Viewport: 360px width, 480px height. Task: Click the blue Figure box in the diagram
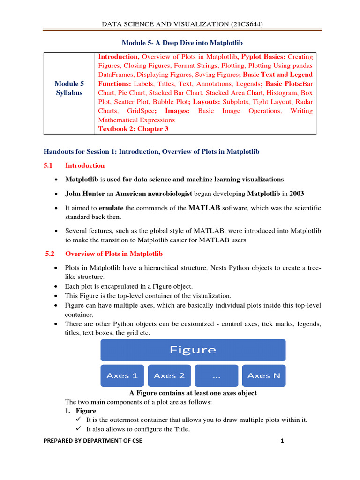(x=193, y=350)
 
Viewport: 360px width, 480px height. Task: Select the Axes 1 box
(x=122, y=375)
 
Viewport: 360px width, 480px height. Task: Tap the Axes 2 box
(x=169, y=375)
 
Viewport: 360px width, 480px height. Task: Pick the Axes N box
(x=263, y=375)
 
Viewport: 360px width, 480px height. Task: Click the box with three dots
(x=217, y=375)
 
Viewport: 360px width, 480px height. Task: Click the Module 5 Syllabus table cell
(x=69, y=88)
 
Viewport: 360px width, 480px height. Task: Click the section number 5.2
(x=50, y=254)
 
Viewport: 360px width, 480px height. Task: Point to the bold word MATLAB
(x=204, y=208)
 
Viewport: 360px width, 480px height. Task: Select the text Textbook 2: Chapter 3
(x=133, y=129)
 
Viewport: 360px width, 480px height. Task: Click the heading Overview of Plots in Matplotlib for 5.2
(x=114, y=254)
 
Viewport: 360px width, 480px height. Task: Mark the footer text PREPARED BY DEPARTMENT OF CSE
(x=93, y=441)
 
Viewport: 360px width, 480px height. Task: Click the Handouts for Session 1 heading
(x=151, y=151)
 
